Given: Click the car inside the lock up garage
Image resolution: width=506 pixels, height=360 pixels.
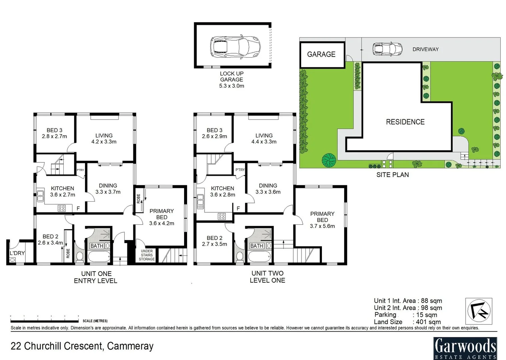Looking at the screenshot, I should click(235, 46).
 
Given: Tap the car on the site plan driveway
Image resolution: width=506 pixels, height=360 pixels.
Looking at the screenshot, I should click(387, 49).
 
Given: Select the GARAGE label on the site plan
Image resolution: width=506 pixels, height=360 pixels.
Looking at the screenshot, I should click(321, 54).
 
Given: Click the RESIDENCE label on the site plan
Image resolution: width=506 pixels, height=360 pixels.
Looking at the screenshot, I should click(405, 122).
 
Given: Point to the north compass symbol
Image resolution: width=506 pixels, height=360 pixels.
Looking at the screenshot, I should click(479, 311).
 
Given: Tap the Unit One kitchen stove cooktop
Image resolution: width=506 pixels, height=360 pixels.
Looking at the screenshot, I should click(62, 208).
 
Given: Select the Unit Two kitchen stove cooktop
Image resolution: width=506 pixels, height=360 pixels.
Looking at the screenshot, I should click(222, 216).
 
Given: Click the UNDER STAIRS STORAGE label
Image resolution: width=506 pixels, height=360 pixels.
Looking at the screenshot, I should click(147, 255).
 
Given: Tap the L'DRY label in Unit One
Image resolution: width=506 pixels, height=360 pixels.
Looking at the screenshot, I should click(17, 253).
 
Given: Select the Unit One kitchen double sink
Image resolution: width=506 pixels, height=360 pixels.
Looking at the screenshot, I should click(41, 196).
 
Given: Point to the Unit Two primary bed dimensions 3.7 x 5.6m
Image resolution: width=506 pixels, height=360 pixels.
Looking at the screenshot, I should click(322, 226).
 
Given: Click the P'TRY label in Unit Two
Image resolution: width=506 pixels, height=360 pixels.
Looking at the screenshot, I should click(240, 170).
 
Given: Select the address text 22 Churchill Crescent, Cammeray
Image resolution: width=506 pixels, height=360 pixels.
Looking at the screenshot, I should click(82, 346).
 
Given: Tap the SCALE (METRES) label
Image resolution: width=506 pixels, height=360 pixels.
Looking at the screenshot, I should click(95, 321).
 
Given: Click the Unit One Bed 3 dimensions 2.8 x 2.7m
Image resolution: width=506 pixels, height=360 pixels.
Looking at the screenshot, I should click(54, 136).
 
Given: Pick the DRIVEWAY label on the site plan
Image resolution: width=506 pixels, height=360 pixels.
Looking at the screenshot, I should click(425, 49).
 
